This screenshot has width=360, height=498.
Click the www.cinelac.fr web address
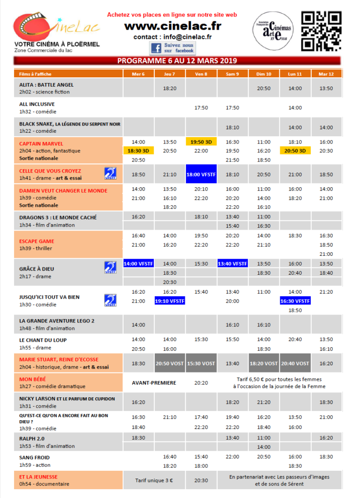tap(172, 26)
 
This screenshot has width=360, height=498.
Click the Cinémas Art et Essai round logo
tap(271, 31)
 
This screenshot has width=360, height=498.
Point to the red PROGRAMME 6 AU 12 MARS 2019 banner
tap(177, 61)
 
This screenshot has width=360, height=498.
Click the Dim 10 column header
tap(264, 74)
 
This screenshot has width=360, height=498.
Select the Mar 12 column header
tap(326, 74)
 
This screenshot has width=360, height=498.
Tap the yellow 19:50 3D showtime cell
tap(201, 142)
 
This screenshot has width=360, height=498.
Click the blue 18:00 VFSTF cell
tap(201, 174)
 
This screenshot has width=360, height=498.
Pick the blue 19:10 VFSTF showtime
tap(170, 301)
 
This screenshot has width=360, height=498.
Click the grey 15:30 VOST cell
tap(201, 363)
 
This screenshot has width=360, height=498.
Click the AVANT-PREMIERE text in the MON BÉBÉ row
tap(154, 383)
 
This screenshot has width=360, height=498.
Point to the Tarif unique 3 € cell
tap(154, 480)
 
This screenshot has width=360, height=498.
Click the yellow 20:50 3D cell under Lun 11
tap(295, 151)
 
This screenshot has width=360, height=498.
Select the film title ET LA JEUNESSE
tap(38, 477)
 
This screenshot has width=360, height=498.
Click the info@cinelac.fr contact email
tap(187, 37)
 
